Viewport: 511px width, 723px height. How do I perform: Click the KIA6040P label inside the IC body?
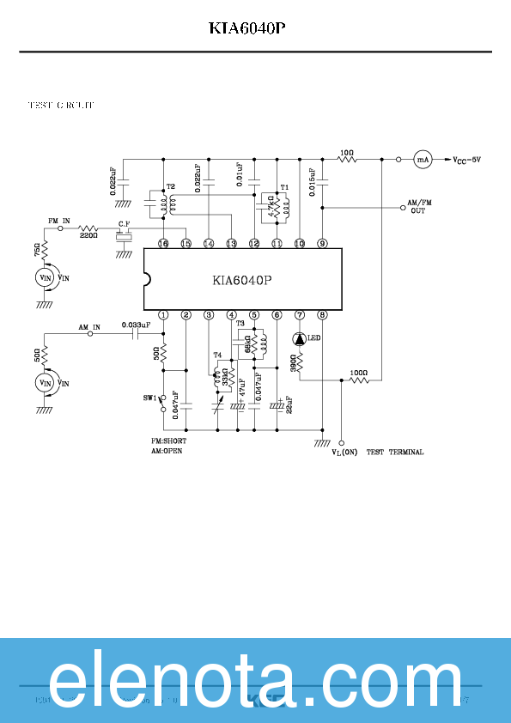tap(242, 280)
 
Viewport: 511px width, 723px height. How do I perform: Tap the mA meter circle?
tap(422, 159)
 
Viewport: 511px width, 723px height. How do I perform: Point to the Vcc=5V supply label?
tap(467, 160)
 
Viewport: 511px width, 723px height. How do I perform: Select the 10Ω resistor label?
tap(346, 152)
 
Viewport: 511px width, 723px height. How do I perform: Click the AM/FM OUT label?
tap(418, 207)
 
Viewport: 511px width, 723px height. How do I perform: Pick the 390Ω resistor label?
tap(293, 362)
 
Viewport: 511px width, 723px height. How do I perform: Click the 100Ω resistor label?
tap(358, 374)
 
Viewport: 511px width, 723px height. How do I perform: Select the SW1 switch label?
tap(151, 398)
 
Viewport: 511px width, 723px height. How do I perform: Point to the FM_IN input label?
tap(58, 221)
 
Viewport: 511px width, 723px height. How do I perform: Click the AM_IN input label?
tap(89, 327)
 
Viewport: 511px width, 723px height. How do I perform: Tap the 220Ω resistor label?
tap(88, 234)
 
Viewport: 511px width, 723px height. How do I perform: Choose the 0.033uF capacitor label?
tap(136, 325)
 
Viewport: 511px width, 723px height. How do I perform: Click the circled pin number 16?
tap(163, 244)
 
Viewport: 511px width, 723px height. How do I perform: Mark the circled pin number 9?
tap(322, 244)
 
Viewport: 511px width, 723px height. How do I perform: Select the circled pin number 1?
tap(163, 315)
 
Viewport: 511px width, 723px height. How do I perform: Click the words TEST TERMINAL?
tap(395, 452)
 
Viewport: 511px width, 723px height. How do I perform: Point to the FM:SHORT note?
tap(168, 441)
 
